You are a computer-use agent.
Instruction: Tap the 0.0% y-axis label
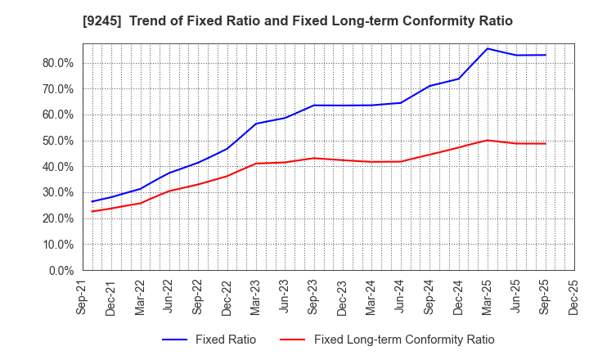pyautogui.click(x=62, y=270)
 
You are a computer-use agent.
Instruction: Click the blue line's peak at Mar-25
pyautogui.click(x=488, y=48)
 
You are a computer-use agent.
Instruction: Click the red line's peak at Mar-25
pyautogui.click(x=488, y=140)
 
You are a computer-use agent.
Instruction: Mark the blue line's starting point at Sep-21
pyautogui.click(x=92, y=201)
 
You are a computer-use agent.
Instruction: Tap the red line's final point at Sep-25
pyautogui.click(x=545, y=144)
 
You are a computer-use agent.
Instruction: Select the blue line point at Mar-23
pyautogui.click(x=256, y=124)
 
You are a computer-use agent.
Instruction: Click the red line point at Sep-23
pyautogui.click(x=314, y=158)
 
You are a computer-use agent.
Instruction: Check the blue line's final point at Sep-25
pyautogui.click(x=545, y=55)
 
